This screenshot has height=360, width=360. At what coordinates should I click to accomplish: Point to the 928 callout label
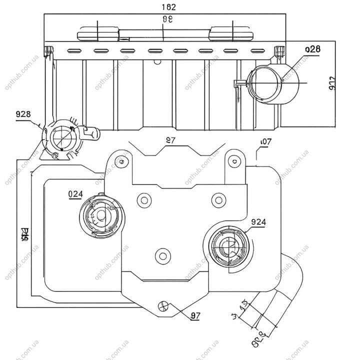coord(23,114)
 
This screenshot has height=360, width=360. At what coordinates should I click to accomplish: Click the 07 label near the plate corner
coord(265,142)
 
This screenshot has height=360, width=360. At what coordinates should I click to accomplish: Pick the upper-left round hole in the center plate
coord(144,200)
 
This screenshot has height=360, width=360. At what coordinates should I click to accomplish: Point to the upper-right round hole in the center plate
coord(217,200)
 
